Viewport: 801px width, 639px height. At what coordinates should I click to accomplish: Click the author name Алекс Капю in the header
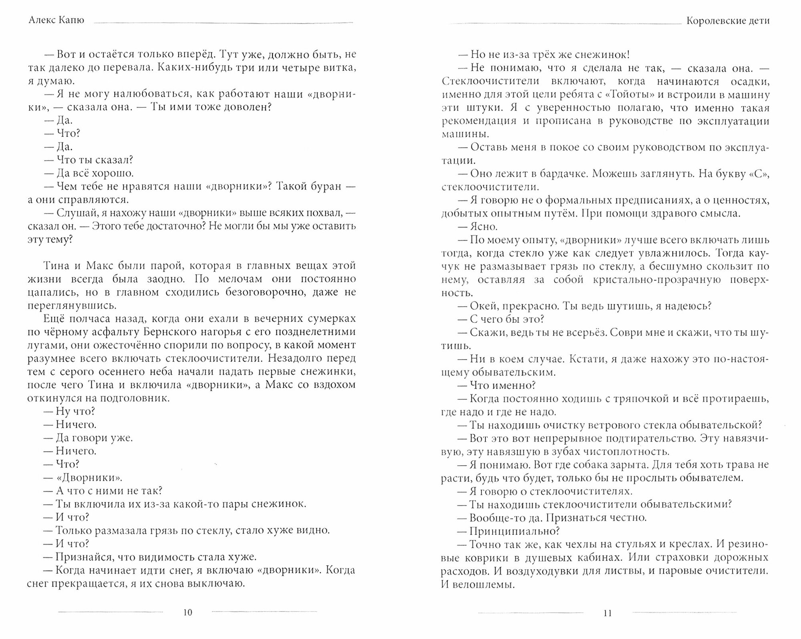(56, 20)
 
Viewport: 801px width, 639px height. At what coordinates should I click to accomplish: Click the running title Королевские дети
(728, 20)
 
